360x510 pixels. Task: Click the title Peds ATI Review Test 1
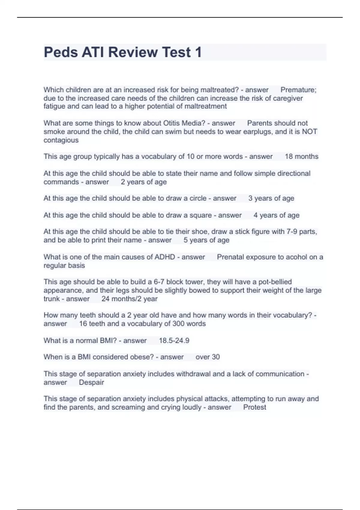tap(123, 52)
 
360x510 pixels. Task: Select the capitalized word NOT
tap(309, 131)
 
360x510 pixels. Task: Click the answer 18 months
tap(301, 156)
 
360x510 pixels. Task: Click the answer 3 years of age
tap(271, 198)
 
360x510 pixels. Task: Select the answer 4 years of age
tap(276, 215)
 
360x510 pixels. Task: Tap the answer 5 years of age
tap(206, 240)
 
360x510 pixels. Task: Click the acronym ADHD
tap(165, 257)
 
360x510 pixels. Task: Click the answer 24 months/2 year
tap(129, 299)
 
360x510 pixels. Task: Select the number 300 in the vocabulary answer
tap(178, 324)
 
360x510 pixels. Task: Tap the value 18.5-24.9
tap(174, 340)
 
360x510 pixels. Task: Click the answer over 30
tap(207, 357)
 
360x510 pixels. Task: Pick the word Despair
tap(91, 382)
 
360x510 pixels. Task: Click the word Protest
tap(254, 407)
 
